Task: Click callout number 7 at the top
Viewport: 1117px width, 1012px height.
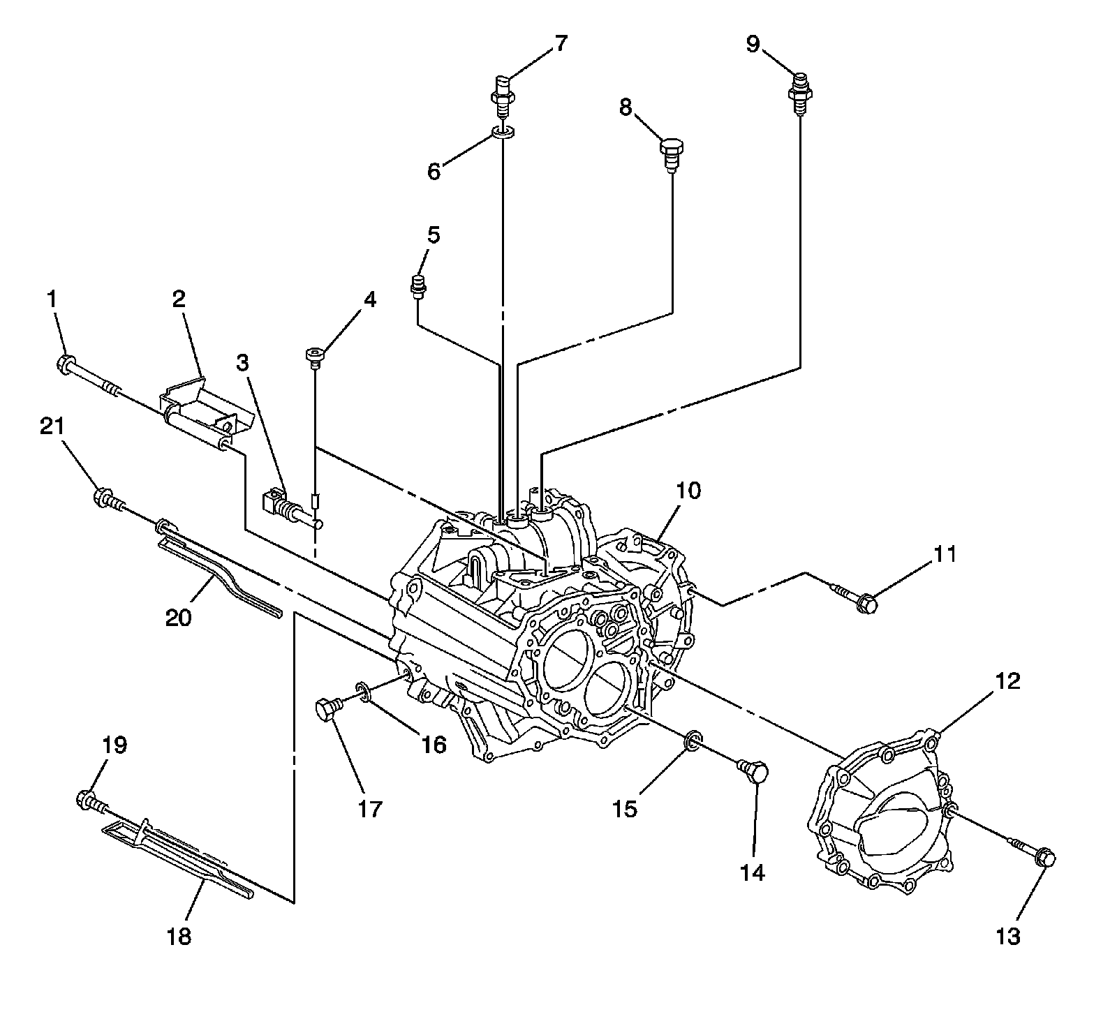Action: point(561,43)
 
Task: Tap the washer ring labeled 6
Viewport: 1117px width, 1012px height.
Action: point(503,131)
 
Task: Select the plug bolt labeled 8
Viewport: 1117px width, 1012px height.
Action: point(672,151)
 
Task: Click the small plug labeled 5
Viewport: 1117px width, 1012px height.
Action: point(418,286)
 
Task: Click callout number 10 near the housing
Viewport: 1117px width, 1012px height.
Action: point(687,490)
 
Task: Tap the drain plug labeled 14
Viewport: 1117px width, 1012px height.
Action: point(754,771)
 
